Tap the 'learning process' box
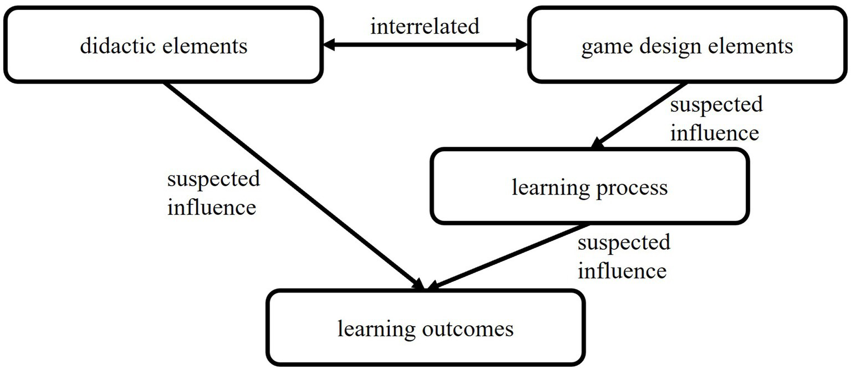coord(589,188)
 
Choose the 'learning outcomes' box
coord(425,329)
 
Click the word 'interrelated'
coord(425,27)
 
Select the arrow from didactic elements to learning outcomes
coord(294,186)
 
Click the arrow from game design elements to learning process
coord(640,116)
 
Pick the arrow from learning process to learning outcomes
coord(507,256)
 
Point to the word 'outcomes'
coord(471,330)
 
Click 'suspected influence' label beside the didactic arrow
coord(213,193)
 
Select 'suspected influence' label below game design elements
coord(716,118)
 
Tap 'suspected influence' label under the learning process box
coord(623,256)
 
